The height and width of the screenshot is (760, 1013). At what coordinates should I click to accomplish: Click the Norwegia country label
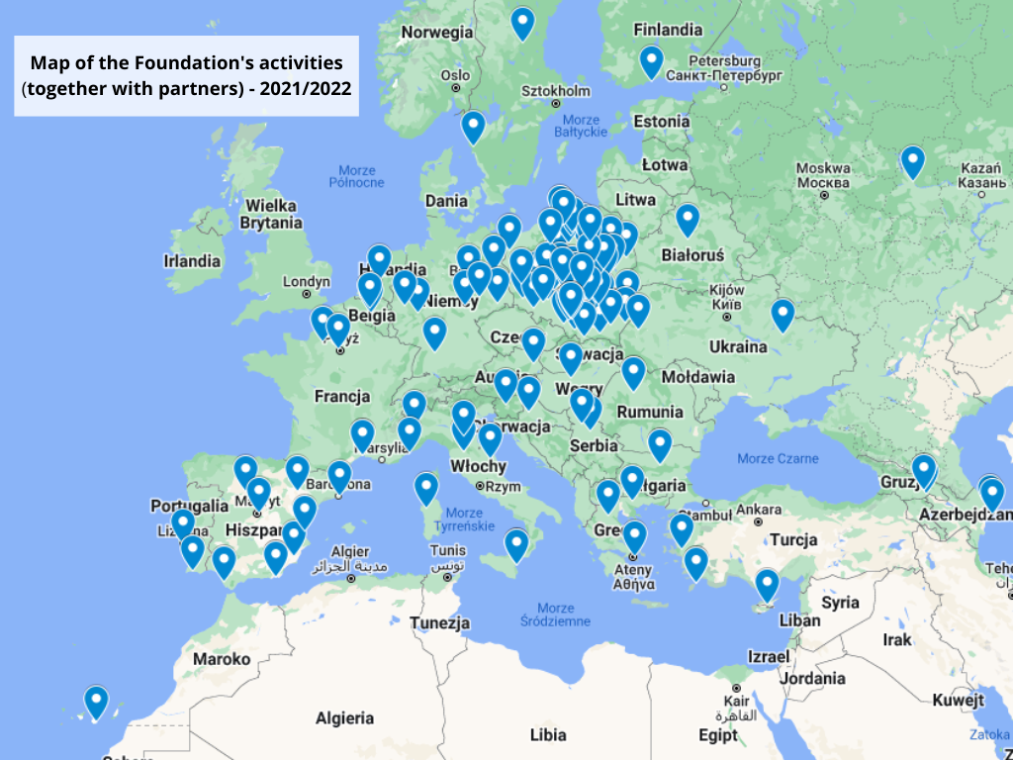click(436, 32)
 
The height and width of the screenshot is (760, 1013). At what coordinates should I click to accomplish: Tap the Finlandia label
click(667, 30)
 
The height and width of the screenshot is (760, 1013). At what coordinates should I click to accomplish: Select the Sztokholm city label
click(555, 91)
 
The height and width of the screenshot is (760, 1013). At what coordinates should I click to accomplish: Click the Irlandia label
click(192, 261)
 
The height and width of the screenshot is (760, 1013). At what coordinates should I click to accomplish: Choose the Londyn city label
click(306, 281)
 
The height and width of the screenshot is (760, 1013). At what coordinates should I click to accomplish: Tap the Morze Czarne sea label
click(778, 458)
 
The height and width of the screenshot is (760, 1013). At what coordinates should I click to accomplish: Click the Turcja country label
click(793, 539)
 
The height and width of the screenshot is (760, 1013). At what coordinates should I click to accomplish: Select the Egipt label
click(717, 735)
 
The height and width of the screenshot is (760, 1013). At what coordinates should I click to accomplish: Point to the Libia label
click(548, 735)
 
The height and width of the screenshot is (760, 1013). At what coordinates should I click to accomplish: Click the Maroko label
click(222, 658)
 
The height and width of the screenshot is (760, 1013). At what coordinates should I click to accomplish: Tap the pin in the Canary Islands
click(96, 701)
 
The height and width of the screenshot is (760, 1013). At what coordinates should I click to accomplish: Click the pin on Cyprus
click(767, 584)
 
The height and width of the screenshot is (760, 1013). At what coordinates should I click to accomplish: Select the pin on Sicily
click(516, 543)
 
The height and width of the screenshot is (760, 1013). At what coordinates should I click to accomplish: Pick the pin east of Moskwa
click(912, 160)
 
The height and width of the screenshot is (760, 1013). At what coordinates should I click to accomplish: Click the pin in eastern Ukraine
click(783, 314)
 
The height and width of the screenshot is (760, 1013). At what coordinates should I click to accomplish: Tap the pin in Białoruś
click(688, 219)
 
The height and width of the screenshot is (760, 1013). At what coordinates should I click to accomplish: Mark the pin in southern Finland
click(650, 60)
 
